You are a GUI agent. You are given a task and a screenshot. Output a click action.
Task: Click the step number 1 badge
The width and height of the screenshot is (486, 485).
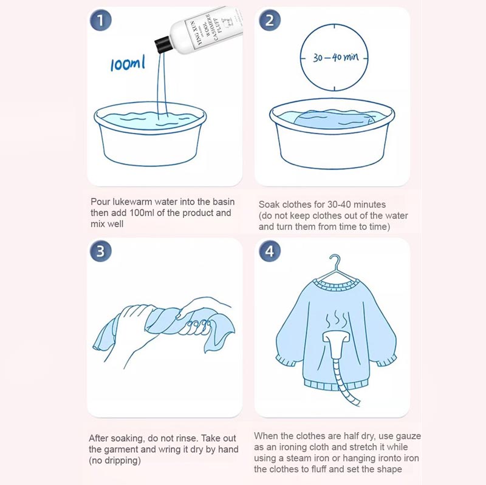[x=100, y=20]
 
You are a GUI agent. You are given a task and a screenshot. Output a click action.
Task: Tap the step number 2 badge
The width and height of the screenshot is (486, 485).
[x=269, y=20]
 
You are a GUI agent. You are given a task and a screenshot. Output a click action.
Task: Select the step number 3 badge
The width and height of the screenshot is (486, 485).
[x=100, y=251]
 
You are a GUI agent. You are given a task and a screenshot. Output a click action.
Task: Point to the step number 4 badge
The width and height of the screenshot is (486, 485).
[x=269, y=251]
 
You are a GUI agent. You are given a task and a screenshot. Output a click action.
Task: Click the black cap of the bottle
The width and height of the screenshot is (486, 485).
[x=163, y=45]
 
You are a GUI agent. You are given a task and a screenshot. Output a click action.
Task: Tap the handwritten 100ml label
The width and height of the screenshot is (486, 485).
[x=128, y=64]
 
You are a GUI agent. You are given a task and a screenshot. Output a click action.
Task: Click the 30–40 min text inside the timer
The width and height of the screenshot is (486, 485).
[x=335, y=58]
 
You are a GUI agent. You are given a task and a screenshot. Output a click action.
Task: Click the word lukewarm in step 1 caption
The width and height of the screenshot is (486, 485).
[x=132, y=202]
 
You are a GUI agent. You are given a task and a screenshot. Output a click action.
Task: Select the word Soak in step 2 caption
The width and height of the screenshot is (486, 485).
[x=269, y=205]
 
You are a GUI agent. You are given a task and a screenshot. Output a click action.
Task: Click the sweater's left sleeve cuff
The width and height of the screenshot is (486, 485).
[x=286, y=361]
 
